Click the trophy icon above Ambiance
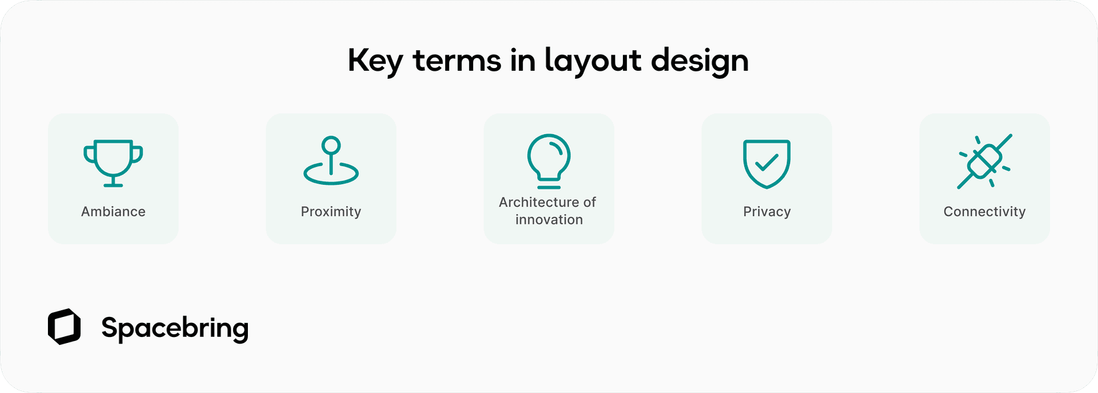pos(113,162)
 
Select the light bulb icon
pos(548,160)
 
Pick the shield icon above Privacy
pos(767,163)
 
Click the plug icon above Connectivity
pos(985,161)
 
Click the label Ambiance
pos(113,212)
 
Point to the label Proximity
pos(331,212)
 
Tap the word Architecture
pos(538,202)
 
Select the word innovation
pos(549,220)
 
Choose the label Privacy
pos(767,212)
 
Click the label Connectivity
pos(985,212)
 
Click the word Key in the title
pos(374,61)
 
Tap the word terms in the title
pos(457,61)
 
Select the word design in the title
pos(700,61)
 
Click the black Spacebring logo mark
pos(64,327)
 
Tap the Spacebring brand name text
pos(175,328)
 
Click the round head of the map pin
pos(331,145)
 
